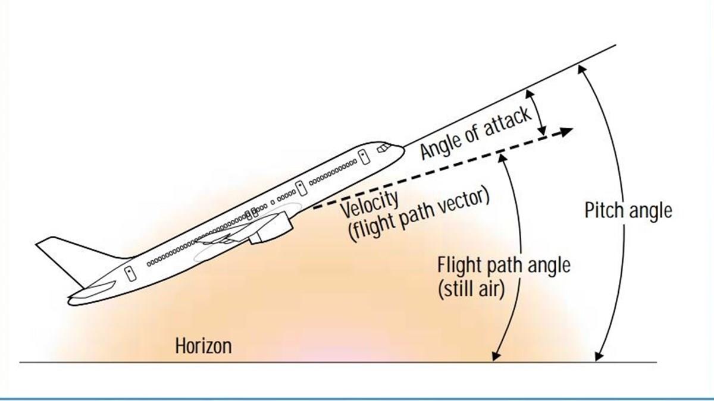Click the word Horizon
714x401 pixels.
pyautogui.click(x=203, y=346)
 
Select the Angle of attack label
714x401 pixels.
pyautogui.click(x=475, y=134)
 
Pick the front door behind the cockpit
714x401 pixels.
pyautogui.click(x=362, y=157)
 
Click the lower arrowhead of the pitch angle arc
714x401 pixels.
pyautogui.click(x=597, y=357)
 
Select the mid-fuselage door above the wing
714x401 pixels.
pyautogui.click(x=301, y=188)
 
